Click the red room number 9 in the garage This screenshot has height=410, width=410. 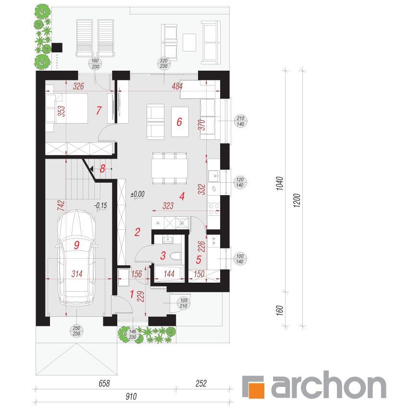(76, 245)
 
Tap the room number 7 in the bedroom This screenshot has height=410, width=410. (99, 111)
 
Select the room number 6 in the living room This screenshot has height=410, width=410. (179, 122)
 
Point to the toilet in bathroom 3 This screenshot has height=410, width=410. (175, 256)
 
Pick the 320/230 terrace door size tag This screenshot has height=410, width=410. (163, 63)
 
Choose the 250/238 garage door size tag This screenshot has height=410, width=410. (76, 331)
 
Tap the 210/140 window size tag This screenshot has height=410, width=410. (240, 121)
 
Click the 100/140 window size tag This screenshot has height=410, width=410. (240, 259)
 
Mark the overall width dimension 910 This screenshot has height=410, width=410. (131, 397)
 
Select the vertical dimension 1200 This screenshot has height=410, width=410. (297, 200)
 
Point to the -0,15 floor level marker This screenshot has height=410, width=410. (100, 206)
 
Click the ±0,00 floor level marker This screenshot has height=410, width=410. (137, 194)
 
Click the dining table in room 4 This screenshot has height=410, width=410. (170, 168)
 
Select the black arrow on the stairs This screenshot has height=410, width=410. (91, 169)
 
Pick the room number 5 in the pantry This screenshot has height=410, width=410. (199, 260)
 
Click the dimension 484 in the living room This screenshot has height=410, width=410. (177, 87)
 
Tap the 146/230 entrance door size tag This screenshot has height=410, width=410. (133, 335)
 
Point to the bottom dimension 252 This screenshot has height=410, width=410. (201, 384)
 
